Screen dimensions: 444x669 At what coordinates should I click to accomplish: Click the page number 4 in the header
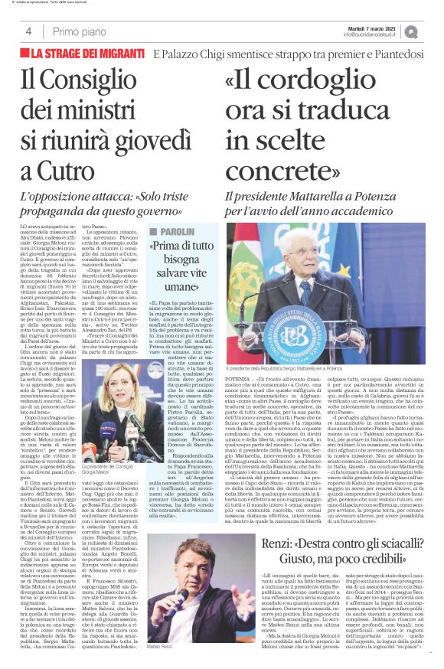point(28,32)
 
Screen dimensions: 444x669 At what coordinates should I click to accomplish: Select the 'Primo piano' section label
point(79,32)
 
